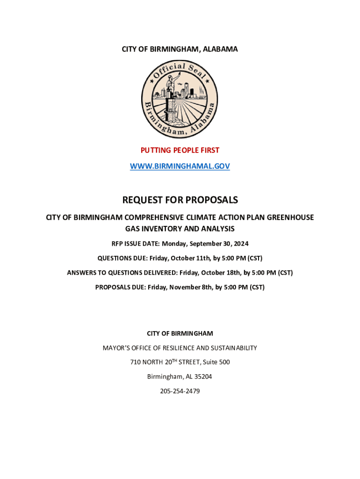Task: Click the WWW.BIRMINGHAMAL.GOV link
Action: click(180, 166)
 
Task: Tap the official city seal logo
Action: click(180, 99)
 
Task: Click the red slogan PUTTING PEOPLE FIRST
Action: click(180, 150)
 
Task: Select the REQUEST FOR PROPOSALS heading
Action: click(180, 200)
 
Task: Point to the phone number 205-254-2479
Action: click(180, 391)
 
